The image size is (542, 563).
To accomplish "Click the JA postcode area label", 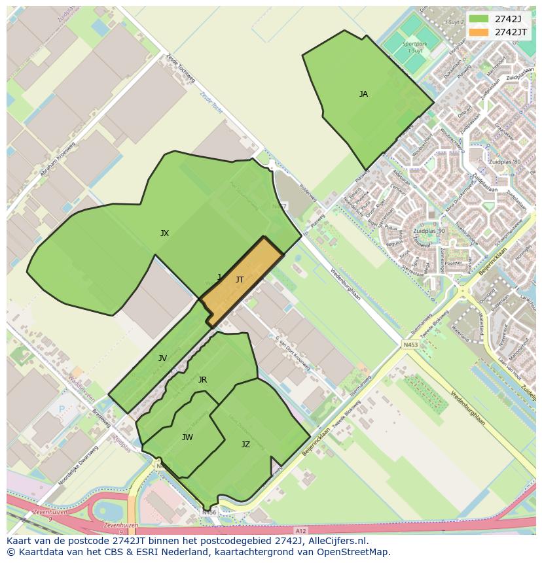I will click(x=363, y=94).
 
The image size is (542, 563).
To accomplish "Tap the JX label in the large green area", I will click(x=164, y=233).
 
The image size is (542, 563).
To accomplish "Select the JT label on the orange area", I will click(x=240, y=280).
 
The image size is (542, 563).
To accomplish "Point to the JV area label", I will click(x=162, y=358).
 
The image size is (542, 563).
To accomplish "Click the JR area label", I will click(x=202, y=380).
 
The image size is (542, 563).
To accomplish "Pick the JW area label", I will click(x=187, y=437).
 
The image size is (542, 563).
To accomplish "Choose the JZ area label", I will click(x=245, y=445).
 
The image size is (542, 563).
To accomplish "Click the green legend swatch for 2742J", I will click(x=479, y=18).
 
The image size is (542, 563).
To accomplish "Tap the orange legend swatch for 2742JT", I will click(x=479, y=31).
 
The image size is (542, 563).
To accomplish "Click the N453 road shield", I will click(x=410, y=345).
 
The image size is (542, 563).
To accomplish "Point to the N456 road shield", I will click(x=209, y=513).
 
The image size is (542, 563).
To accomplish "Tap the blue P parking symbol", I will click(x=62, y=409).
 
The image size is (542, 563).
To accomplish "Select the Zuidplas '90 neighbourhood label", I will click(x=429, y=231).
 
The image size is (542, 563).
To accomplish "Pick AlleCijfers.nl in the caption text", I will click(x=331, y=541).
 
